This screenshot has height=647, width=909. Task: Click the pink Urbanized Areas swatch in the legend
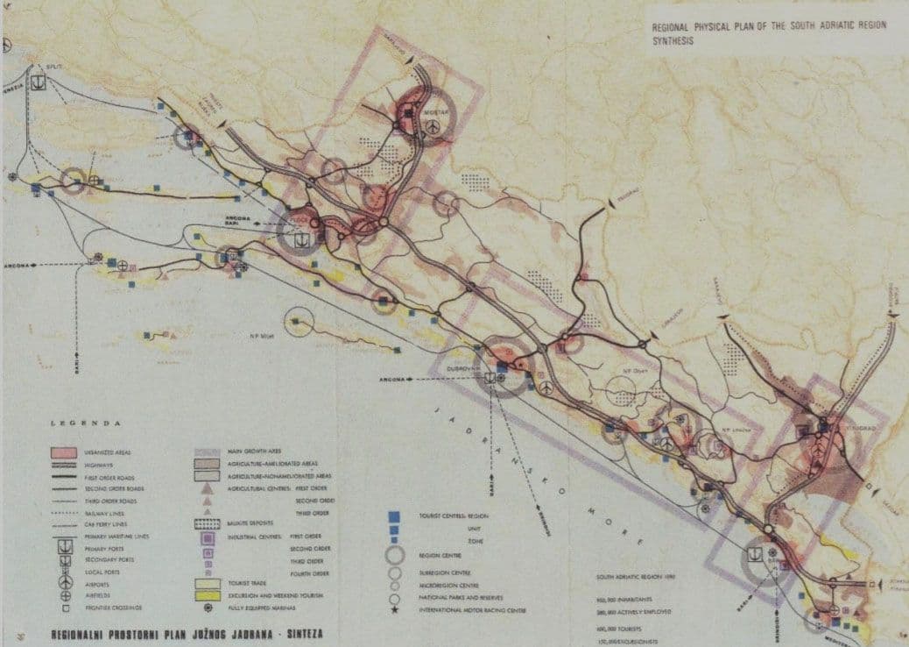(x=66, y=452)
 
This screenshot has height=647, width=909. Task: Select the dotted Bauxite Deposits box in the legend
(x=207, y=524)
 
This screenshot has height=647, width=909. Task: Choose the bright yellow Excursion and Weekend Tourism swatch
(x=207, y=596)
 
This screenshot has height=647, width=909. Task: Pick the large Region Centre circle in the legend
(x=395, y=553)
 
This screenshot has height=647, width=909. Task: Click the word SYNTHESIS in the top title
(x=673, y=40)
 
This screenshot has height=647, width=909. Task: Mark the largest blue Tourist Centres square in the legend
(x=395, y=516)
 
